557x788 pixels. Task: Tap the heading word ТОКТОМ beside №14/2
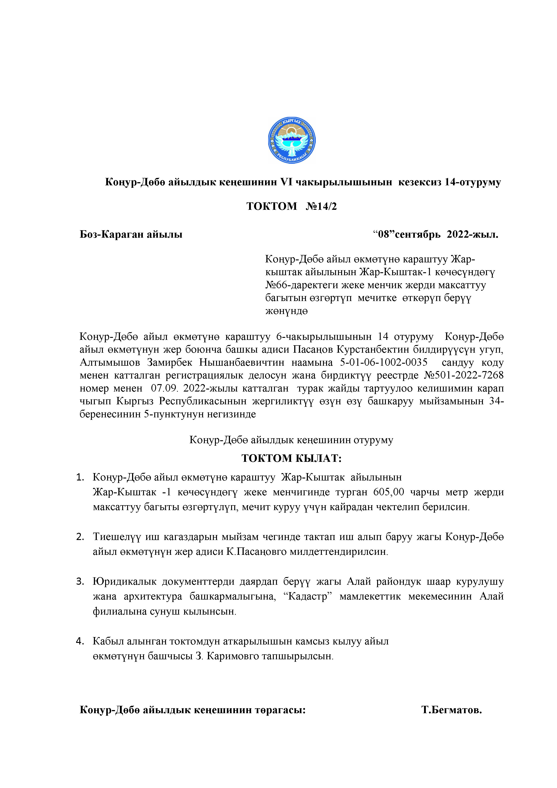(272, 206)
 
